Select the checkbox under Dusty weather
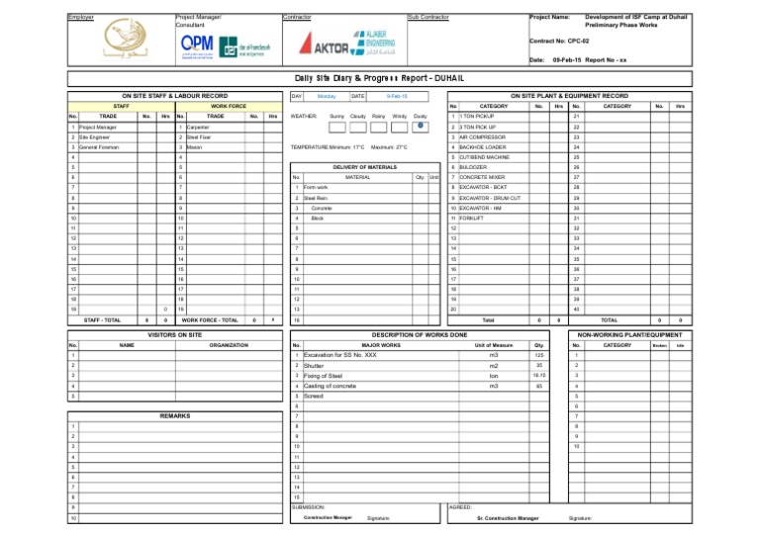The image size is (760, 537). [x=420, y=127]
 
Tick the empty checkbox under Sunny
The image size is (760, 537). [x=336, y=127]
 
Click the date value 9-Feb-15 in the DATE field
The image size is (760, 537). [x=397, y=96]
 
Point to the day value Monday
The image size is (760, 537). [x=328, y=96]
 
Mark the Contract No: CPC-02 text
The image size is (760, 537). [x=560, y=42]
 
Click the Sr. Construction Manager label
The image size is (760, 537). [x=507, y=517]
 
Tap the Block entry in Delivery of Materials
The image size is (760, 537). [x=318, y=218]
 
